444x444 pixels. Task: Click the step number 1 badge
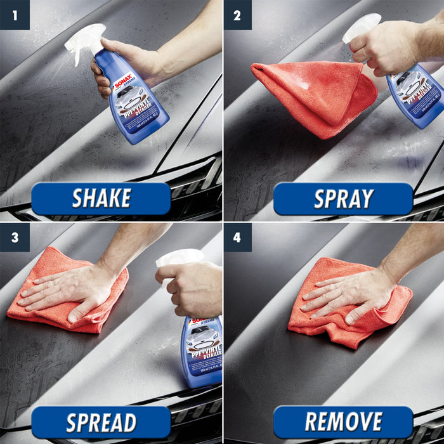point(15,15)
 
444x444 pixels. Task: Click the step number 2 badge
point(237,15)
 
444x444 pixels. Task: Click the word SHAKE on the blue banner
point(101,199)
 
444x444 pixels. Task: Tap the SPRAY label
point(343,199)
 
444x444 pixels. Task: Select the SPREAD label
point(101,422)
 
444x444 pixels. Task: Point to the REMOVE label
point(343,422)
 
